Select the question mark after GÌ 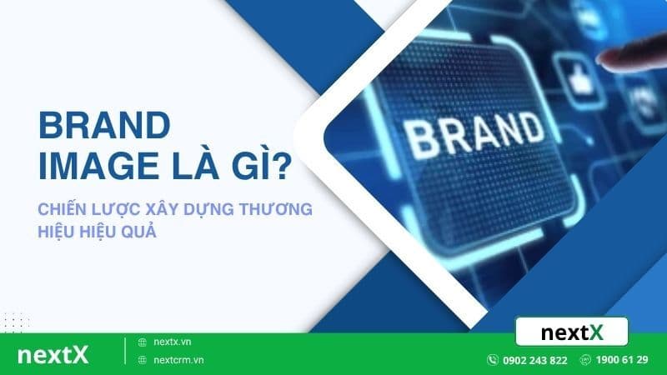point(281,165)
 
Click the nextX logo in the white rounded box point(571,332)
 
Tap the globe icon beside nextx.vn point(142,342)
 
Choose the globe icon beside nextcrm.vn point(142,360)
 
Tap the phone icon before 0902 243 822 point(493,360)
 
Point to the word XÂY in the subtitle point(174,210)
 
